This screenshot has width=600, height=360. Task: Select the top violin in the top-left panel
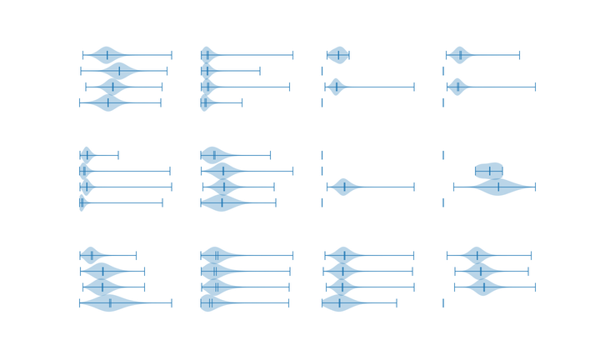(108, 56)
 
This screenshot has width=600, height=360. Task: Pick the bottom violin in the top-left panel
(108, 102)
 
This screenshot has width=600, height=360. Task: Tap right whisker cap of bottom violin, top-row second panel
(242, 102)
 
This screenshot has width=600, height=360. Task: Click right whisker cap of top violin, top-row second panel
(293, 56)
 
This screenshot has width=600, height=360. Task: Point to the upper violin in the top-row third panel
(337, 56)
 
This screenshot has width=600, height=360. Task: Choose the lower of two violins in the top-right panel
(456, 87)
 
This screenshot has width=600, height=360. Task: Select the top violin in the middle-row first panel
(86, 155)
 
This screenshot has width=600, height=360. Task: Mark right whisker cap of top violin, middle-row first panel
(120, 155)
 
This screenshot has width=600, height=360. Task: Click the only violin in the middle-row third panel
(344, 187)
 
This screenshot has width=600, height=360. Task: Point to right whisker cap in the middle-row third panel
(413, 187)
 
